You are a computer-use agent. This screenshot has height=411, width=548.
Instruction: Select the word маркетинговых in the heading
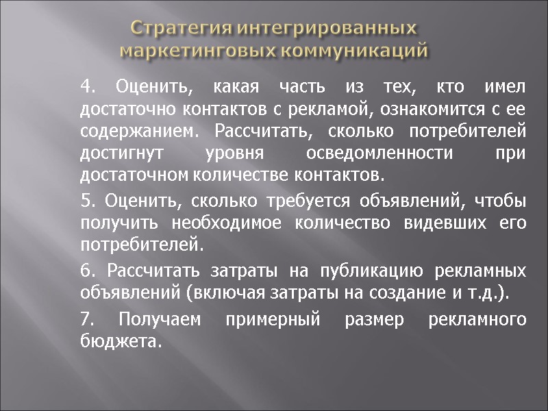tap(197, 51)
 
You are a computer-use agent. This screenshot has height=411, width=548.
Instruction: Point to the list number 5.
tap(86, 201)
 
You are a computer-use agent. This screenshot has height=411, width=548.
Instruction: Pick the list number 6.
tap(86, 271)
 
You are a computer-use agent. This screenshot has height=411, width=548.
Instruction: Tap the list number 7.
tap(86, 319)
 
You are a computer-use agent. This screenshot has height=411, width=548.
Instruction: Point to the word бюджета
tap(121, 341)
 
